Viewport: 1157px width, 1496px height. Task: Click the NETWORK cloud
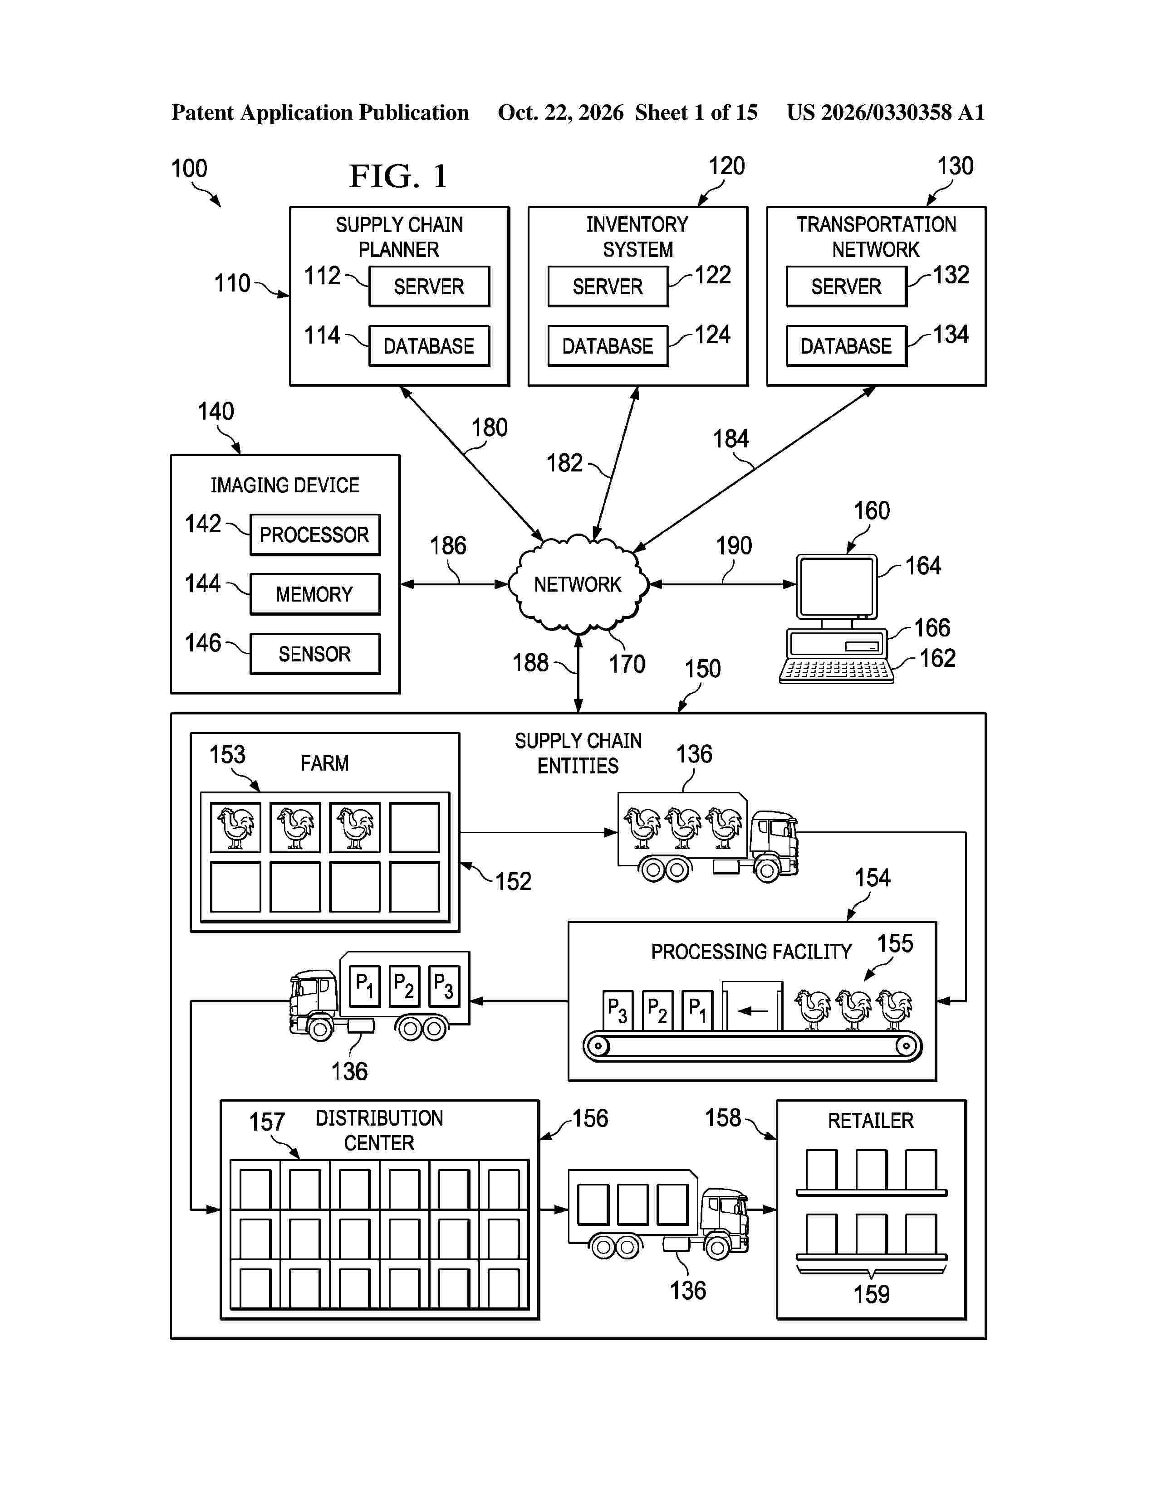[578, 584]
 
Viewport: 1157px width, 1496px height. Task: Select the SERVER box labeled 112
[429, 287]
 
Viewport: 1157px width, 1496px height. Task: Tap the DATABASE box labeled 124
[608, 346]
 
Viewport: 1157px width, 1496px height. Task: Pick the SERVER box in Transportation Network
[847, 287]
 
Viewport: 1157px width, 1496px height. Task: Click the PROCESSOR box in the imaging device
[314, 534]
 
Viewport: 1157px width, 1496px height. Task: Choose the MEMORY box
[314, 594]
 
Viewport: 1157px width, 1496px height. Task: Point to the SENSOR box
[314, 654]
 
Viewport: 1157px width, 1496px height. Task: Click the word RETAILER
[871, 1121]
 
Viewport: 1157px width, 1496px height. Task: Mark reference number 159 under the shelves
[871, 1294]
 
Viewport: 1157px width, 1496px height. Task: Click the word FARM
[325, 763]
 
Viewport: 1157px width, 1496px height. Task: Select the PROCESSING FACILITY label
[751, 952]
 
